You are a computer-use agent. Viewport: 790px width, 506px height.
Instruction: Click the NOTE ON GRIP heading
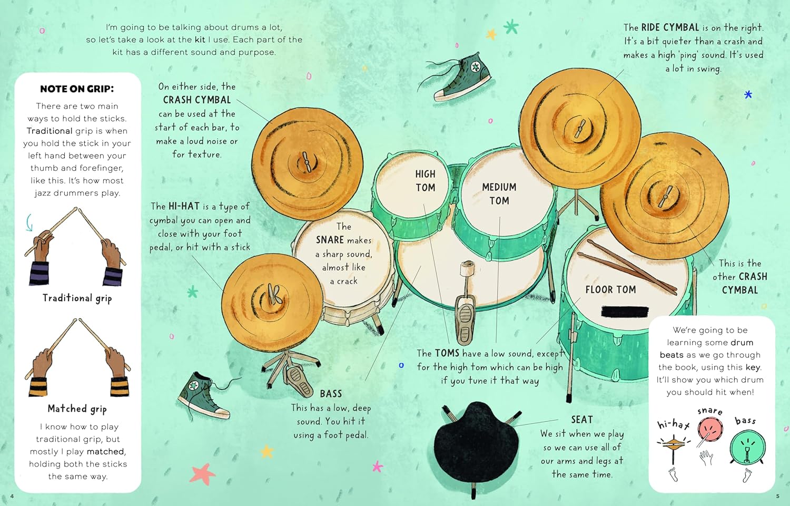tap(77, 89)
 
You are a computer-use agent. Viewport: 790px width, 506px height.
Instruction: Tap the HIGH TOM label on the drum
tap(426, 181)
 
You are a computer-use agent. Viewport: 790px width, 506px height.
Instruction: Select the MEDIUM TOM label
tap(499, 194)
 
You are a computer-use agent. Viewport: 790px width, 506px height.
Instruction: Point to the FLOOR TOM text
tap(610, 290)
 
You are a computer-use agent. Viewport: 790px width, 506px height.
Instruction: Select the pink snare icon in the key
tap(710, 429)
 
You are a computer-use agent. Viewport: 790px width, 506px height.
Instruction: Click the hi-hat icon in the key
tap(673, 446)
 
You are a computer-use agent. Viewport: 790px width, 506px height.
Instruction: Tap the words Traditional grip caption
tap(77, 298)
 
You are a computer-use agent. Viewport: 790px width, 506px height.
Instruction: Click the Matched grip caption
tap(77, 408)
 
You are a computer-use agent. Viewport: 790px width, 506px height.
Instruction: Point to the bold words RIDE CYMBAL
tap(670, 27)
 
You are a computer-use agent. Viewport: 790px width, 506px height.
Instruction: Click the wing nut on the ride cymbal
tap(579, 129)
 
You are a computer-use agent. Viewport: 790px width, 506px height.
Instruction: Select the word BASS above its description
tap(331, 394)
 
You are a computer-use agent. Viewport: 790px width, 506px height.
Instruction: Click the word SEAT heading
tap(582, 420)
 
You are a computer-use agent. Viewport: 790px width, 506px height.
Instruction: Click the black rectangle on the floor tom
tap(625, 312)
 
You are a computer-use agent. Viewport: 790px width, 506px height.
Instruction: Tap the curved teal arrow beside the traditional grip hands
tap(29, 222)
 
